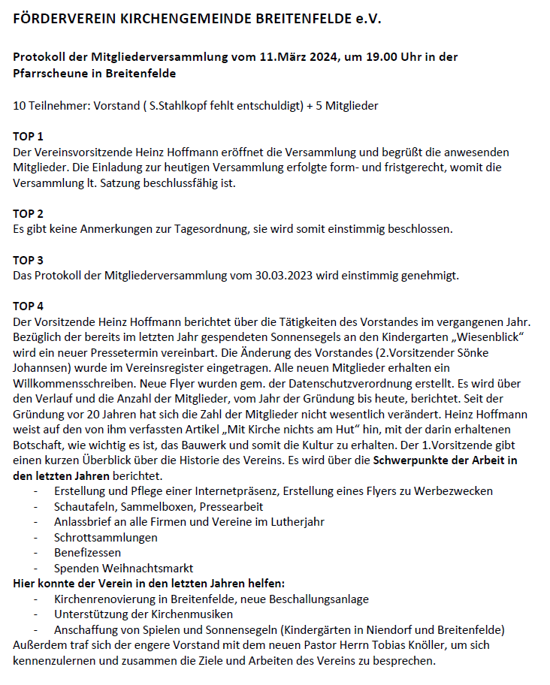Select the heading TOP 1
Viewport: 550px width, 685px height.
(x=29, y=137)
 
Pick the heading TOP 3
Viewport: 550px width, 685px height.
(x=29, y=261)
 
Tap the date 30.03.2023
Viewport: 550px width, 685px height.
(x=283, y=276)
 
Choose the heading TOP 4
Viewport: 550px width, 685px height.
(x=29, y=306)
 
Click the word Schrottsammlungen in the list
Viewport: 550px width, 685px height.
(x=106, y=538)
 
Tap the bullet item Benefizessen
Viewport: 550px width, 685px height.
(x=87, y=553)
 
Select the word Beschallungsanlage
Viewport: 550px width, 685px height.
(x=316, y=599)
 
